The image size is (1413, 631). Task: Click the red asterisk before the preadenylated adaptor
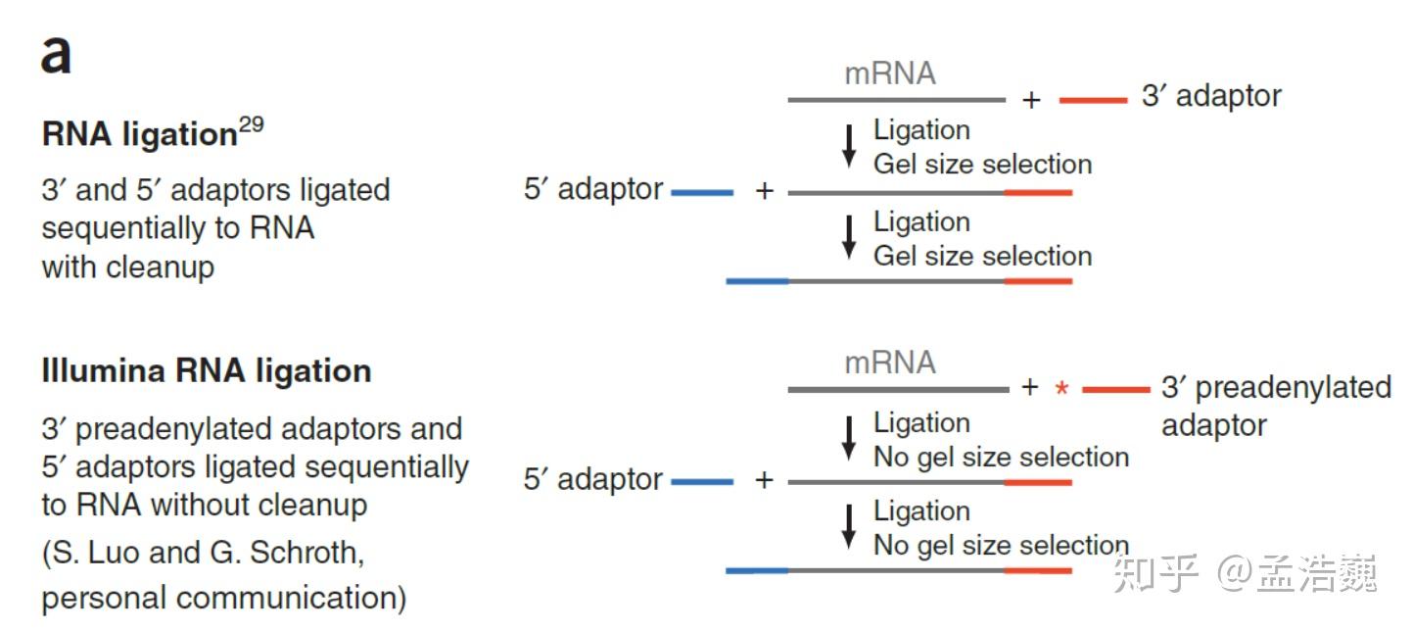(x=1061, y=389)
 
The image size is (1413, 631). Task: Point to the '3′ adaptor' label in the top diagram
(x=1211, y=96)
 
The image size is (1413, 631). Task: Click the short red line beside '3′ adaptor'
(x=1093, y=100)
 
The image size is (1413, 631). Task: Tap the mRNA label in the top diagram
(x=889, y=73)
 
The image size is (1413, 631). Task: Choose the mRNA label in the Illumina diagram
(x=889, y=364)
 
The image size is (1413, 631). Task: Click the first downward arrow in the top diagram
(x=850, y=145)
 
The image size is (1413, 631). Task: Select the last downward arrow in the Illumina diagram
(x=850, y=527)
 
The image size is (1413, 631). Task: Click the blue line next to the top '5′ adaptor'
(x=702, y=193)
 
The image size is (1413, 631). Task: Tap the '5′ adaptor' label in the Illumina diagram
(x=593, y=480)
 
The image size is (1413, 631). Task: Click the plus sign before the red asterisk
(x=1029, y=388)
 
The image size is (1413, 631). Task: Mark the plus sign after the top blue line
(x=765, y=191)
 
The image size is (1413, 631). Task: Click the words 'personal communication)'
(x=223, y=598)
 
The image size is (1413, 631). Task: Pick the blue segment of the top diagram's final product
(x=757, y=281)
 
